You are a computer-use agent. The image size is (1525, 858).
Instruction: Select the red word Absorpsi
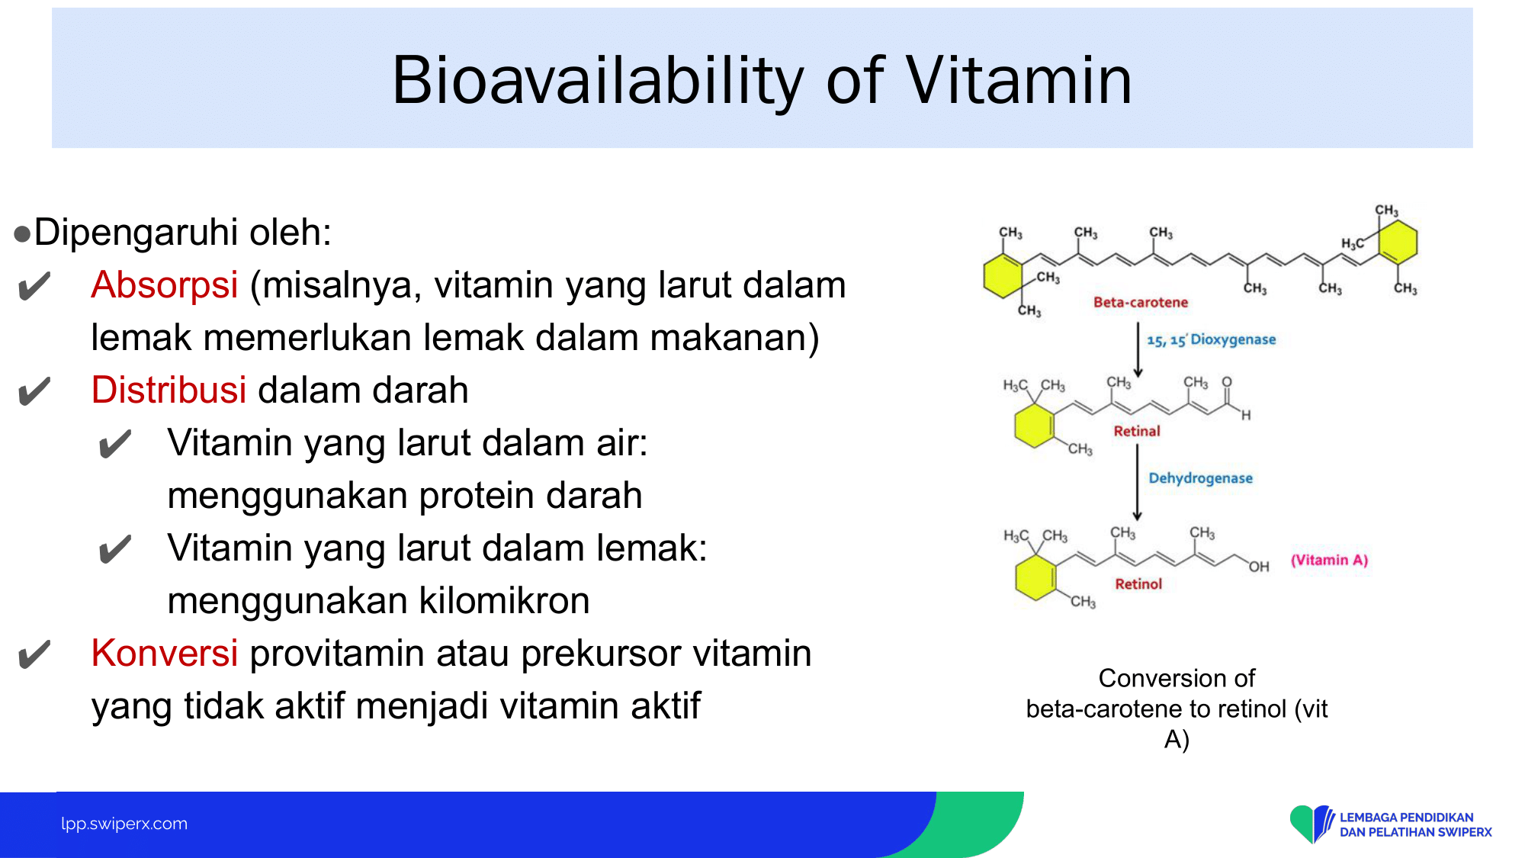165,286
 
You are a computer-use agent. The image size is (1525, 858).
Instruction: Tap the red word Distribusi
169,390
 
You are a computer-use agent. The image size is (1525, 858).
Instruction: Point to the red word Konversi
165,654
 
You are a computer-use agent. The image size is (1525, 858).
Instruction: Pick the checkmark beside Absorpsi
34,287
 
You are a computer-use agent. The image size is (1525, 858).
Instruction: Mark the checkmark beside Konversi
34,654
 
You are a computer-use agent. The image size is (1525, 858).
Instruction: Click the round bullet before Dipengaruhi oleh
22,233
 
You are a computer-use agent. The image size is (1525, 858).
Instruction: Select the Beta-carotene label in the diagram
1141,302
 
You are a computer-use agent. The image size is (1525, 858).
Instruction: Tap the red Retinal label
1137,431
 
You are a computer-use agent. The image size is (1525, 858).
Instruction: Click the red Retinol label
1138,583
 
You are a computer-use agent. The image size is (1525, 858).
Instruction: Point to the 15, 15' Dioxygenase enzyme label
1212,339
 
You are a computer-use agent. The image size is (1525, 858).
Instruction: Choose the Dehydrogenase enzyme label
1201,478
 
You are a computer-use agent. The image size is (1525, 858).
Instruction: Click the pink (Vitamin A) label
1329,560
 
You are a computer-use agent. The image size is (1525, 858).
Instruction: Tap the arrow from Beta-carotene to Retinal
1138,350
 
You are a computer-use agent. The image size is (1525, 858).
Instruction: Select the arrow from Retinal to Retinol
1137,483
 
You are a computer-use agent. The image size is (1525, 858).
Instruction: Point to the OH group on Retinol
1259,567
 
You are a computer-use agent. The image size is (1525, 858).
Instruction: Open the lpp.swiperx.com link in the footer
124,824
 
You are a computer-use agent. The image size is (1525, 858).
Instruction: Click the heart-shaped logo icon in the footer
1311,824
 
